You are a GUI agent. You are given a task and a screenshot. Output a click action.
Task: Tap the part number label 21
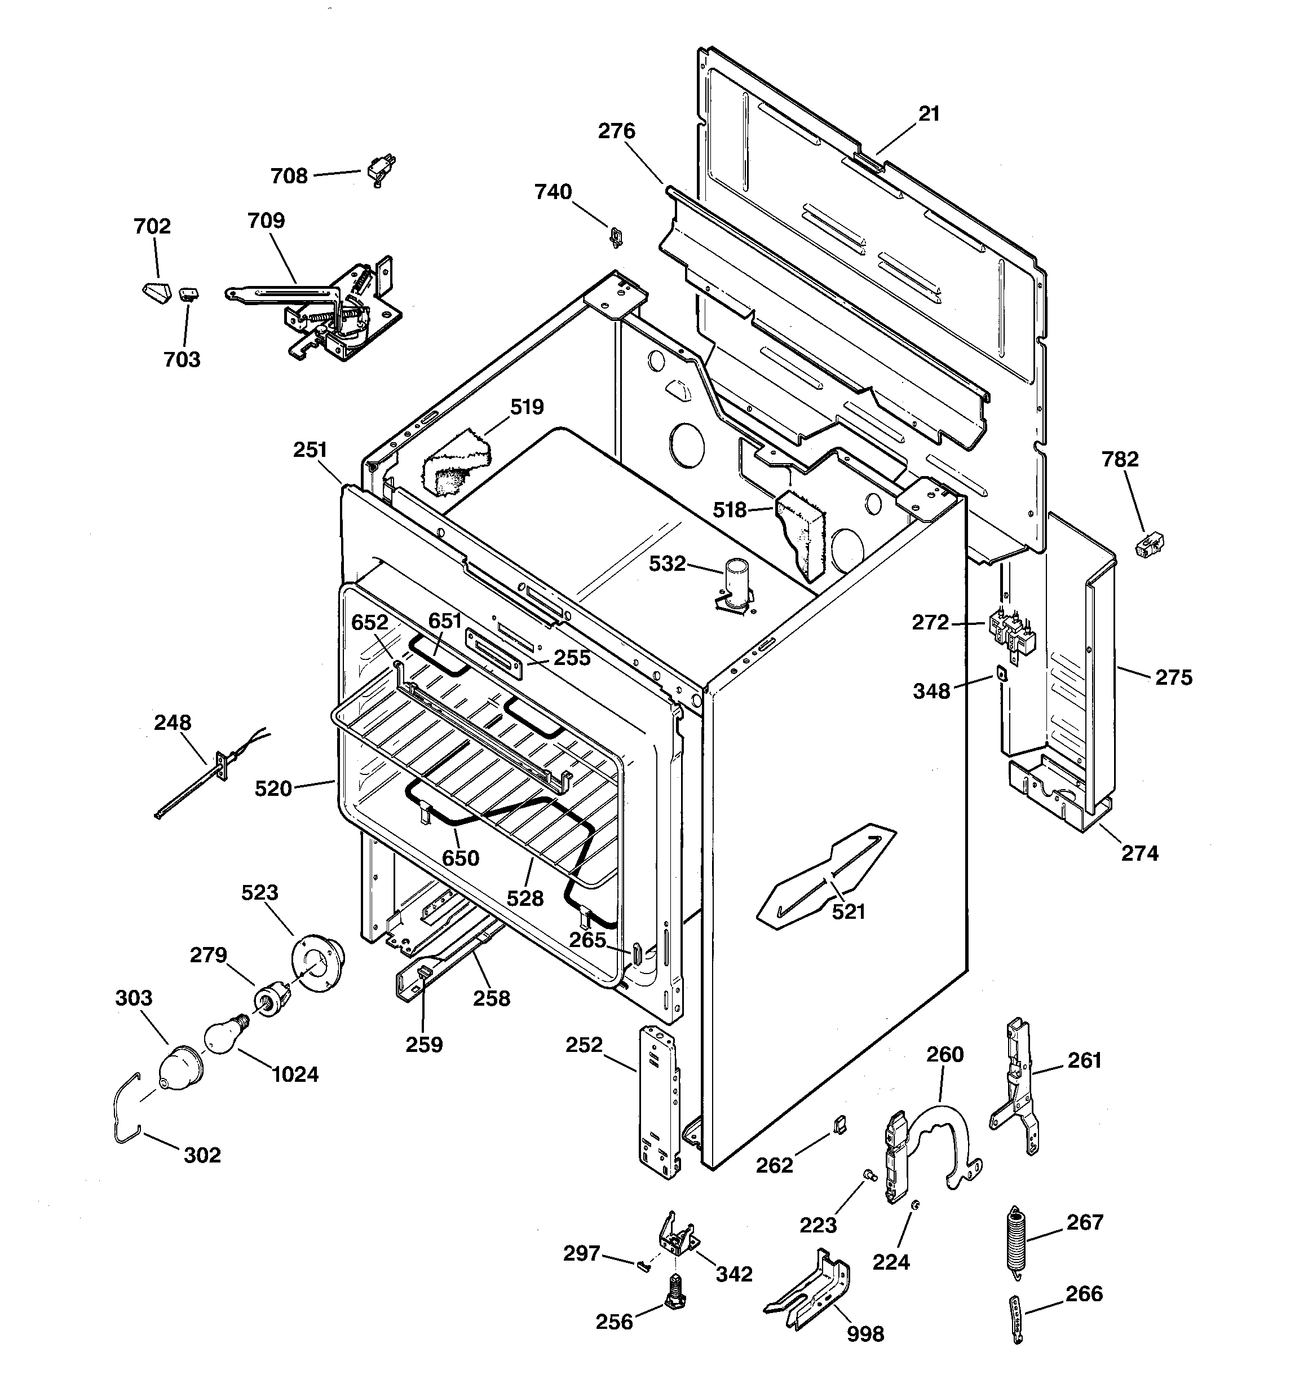(929, 114)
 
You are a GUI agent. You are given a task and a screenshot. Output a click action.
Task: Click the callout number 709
(266, 221)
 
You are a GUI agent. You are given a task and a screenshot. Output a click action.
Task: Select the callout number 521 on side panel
(848, 911)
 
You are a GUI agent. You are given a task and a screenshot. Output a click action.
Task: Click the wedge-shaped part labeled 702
(154, 290)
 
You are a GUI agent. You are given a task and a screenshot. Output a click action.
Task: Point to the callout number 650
(461, 858)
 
